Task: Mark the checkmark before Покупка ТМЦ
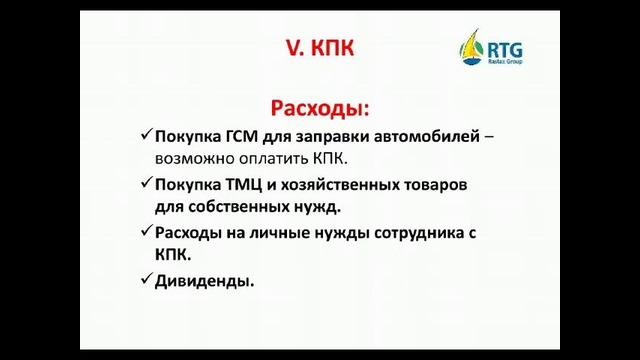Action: pos(146,184)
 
